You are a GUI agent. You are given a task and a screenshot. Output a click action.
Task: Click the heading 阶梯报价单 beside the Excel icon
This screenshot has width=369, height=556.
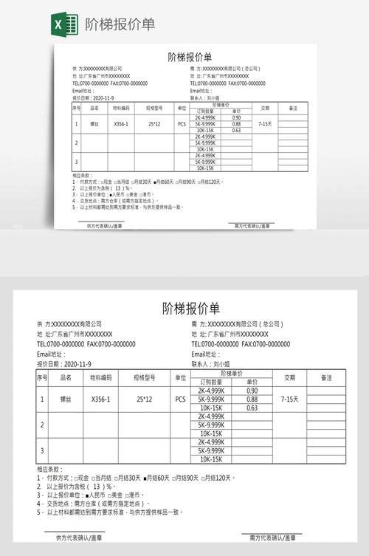pyautogui.click(x=120, y=24)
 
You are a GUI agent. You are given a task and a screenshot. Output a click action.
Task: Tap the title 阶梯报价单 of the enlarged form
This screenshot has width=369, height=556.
pyautogui.click(x=191, y=307)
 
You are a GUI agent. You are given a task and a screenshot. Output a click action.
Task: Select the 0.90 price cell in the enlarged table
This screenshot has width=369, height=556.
pyautogui.click(x=252, y=391)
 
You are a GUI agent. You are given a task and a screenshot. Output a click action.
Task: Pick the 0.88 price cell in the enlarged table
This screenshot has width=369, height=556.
pyautogui.click(x=252, y=399)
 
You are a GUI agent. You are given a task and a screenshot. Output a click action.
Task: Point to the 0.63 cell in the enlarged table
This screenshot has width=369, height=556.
pyautogui.click(x=252, y=408)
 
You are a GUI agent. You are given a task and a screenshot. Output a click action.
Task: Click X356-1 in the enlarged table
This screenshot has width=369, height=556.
pyautogui.click(x=100, y=399)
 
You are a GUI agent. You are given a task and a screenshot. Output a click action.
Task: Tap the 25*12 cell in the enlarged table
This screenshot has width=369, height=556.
pyautogui.click(x=145, y=399)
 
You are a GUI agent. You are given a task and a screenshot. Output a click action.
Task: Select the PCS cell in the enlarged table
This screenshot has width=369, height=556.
pyautogui.click(x=181, y=399)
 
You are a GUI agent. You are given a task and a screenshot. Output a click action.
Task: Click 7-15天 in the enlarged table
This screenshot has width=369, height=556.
pyautogui.click(x=290, y=399)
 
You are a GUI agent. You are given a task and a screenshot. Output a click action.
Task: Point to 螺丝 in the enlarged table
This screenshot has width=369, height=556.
pyautogui.click(x=65, y=399)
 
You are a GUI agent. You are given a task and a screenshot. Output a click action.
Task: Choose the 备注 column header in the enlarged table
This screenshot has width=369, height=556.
pyautogui.click(x=327, y=377)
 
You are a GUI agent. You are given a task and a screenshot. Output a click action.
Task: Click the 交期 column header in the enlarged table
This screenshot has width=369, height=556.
pyautogui.click(x=290, y=377)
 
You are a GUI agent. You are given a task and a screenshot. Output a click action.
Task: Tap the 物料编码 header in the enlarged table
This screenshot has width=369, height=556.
pyautogui.click(x=100, y=377)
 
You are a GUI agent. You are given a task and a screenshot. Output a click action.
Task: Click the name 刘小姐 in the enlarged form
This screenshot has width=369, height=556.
pyautogui.click(x=221, y=364)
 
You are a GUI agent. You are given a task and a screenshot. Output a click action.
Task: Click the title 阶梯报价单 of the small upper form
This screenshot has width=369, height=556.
pyautogui.click(x=190, y=57)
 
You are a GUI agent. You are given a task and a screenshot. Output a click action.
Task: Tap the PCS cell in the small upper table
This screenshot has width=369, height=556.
pyautogui.click(x=182, y=124)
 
